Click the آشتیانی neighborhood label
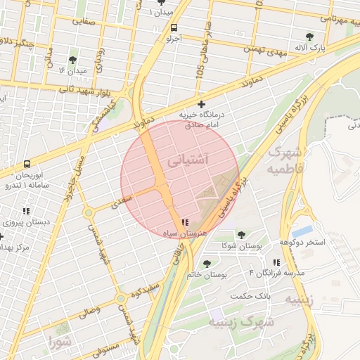click(188, 161)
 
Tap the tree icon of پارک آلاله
click(309, 37)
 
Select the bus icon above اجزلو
click(173, 27)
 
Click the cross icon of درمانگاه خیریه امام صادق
click(202, 104)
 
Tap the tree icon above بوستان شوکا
click(241, 235)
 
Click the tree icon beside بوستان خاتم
click(207, 264)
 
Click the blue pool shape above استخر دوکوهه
click(302, 231)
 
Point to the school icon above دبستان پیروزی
click(27, 210)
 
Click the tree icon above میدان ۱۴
click(73, 60)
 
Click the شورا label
click(60, 343)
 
